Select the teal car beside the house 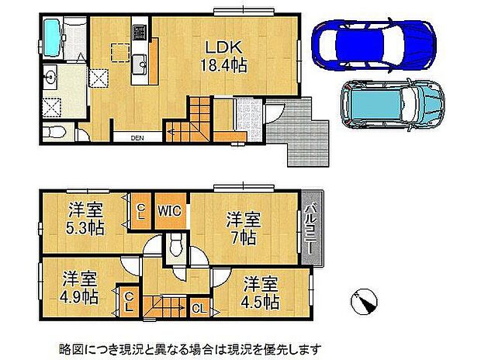391,105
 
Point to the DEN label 137,139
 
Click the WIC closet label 170,209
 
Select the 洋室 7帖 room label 243,226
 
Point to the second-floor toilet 176,247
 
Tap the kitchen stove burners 141,34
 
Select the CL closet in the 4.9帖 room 127,300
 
